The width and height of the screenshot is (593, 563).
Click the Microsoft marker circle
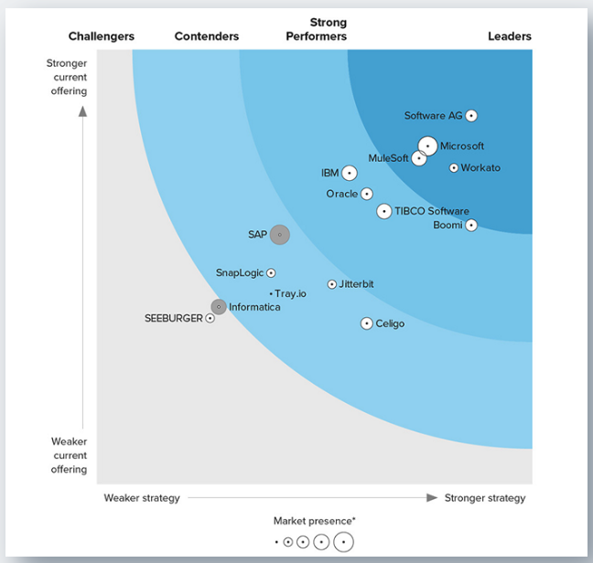(427, 145)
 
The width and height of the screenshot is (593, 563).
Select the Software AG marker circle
(471, 116)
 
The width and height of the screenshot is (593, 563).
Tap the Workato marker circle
(454, 168)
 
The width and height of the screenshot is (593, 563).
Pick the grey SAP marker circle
(279, 235)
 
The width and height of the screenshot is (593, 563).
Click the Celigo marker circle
(367, 324)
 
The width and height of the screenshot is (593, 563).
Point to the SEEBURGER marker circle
(210, 318)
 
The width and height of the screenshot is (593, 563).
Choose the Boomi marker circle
(471, 225)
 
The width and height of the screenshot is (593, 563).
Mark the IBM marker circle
(350, 173)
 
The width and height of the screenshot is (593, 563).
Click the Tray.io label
(291, 293)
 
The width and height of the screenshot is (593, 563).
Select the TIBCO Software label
(432, 211)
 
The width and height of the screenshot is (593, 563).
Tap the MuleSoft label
(388, 158)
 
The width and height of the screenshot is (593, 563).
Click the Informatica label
(254, 307)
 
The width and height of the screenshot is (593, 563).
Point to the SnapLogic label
(239, 272)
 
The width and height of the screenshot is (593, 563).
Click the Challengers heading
(102, 37)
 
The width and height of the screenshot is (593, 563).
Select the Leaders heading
(510, 37)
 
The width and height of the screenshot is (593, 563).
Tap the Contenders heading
(207, 37)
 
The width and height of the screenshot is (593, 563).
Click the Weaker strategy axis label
(142, 498)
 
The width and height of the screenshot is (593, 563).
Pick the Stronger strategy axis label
(485, 498)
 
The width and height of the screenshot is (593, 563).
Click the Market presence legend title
(315, 521)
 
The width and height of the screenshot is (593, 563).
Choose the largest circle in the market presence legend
(343, 542)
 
